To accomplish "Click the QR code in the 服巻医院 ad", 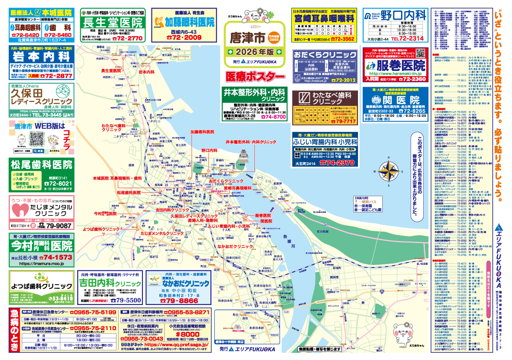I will (x=420, y=54).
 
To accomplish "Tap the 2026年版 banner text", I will (x=254, y=52).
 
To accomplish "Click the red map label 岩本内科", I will (x=146, y=72).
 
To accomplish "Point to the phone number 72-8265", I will (x=409, y=111).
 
